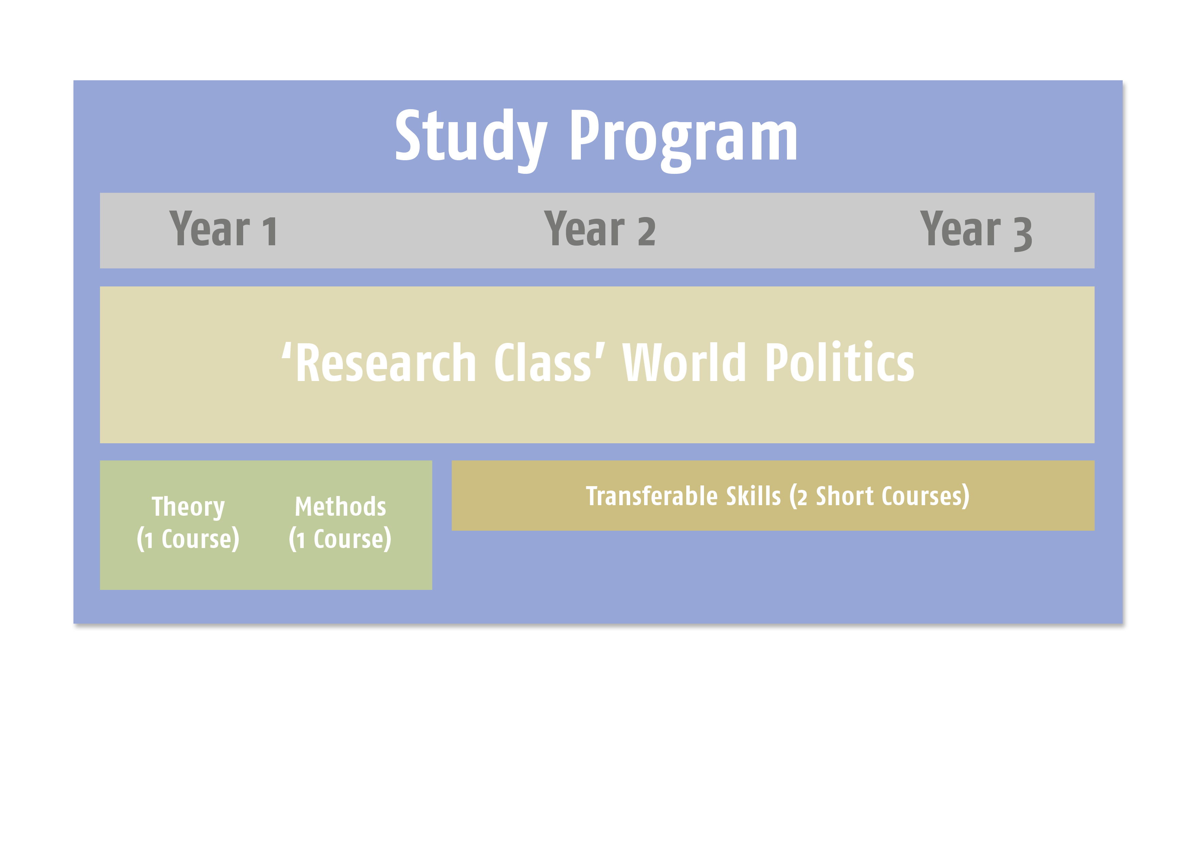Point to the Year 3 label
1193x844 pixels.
pyautogui.click(x=976, y=231)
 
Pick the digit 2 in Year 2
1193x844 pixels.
pyautogui.click(x=647, y=231)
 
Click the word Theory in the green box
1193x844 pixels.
pyautogui.click(x=188, y=507)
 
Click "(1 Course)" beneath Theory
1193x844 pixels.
pyautogui.click(x=188, y=539)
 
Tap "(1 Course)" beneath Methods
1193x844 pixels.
pyautogui.click(x=340, y=539)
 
